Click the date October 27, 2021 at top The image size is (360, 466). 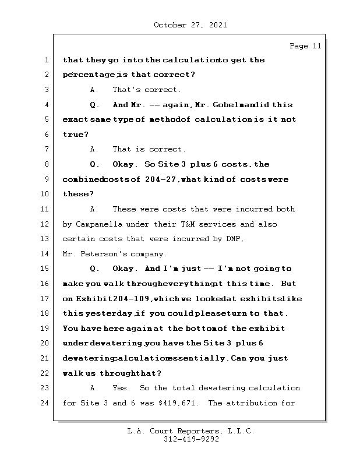coord(190,25)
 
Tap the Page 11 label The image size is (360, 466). coord(305,46)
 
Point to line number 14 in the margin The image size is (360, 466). coord(45,254)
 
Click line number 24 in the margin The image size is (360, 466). coord(45,403)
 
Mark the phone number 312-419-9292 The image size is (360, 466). coord(190,440)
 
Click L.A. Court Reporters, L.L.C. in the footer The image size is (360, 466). coord(190,431)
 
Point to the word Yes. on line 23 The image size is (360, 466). coord(122,388)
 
